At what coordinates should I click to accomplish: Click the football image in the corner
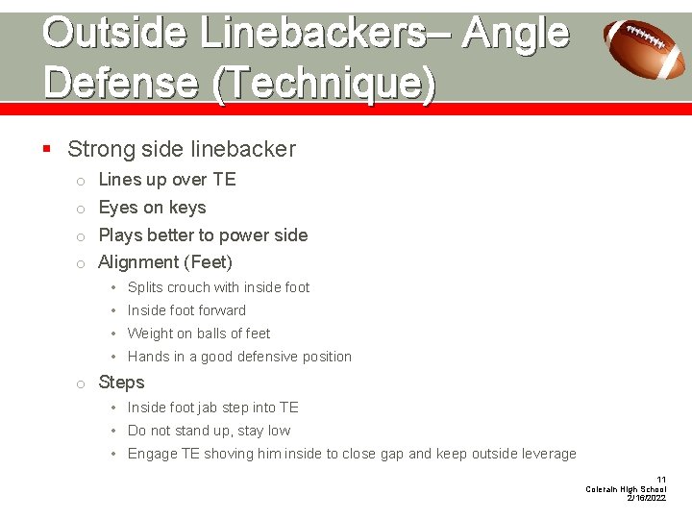646,49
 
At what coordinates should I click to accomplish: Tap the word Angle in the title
515,33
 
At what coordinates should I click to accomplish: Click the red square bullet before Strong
47,149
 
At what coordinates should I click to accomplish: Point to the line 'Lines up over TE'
166,180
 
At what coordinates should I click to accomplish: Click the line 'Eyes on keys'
152,208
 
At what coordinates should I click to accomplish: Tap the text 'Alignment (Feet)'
165,262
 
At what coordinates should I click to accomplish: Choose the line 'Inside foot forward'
186,310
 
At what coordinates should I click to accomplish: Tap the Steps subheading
121,383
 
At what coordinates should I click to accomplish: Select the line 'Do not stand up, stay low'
209,431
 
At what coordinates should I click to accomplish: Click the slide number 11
660,480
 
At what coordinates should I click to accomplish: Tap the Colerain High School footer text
626,489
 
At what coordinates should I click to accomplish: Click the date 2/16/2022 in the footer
646,499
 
